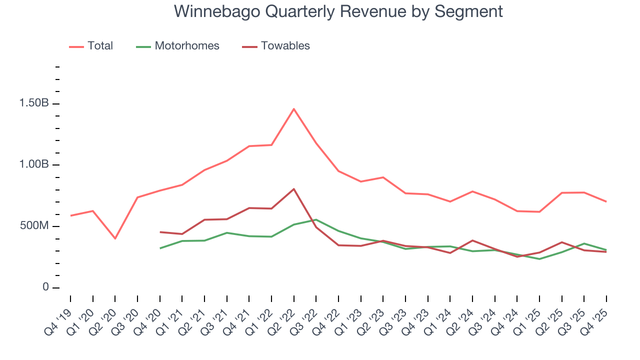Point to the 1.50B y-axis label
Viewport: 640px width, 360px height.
(x=33, y=103)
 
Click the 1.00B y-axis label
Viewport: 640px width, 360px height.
(x=33, y=165)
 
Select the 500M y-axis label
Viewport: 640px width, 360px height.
(x=34, y=226)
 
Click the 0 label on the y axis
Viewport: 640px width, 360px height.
(x=45, y=287)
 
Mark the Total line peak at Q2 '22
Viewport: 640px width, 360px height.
(x=293, y=109)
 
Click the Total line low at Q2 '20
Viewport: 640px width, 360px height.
(x=115, y=238)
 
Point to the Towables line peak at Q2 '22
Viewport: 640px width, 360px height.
(x=293, y=189)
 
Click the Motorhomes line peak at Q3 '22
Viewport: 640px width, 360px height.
(x=316, y=219)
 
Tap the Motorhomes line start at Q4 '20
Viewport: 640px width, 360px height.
(x=160, y=248)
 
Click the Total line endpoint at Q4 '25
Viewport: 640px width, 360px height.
(x=606, y=201)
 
